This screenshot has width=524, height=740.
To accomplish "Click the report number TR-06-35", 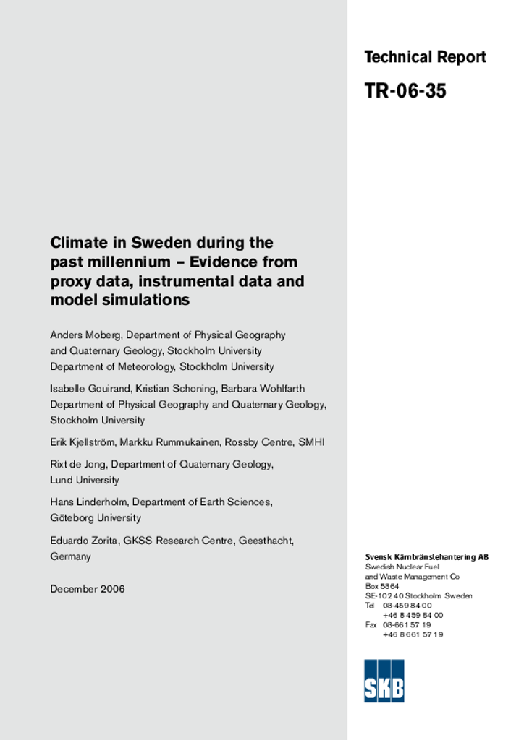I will point(405,91).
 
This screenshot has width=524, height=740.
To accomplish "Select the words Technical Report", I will point(425,57).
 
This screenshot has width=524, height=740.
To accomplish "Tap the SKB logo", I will point(384,681).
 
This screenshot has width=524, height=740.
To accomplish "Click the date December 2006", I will point(88,589).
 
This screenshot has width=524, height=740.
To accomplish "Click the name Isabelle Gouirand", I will point(90,389).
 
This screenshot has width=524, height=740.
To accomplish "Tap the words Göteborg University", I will point(96,518).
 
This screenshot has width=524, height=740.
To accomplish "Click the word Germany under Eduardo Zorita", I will point(71,556).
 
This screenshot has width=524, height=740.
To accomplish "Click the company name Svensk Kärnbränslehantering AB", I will point(426,557).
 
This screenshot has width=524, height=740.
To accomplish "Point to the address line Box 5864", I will point(382,586).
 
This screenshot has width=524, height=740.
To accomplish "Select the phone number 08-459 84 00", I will point(407,606).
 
